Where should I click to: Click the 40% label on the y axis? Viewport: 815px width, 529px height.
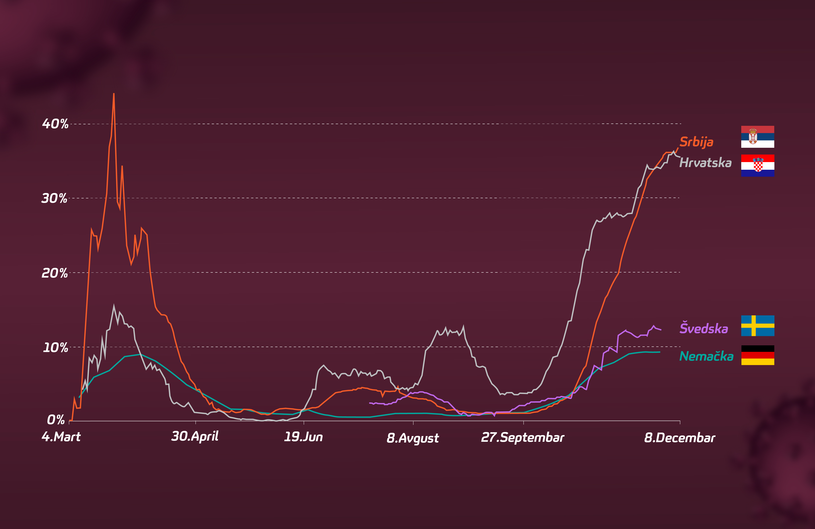click(x=55, y=124)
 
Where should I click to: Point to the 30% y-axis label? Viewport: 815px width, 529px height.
click(x=54, y=198)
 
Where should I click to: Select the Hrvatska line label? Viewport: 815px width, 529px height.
click(x=705, y=162)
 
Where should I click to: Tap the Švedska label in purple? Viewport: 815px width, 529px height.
click(x=704, y=328)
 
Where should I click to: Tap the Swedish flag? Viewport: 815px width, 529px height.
click(x=757, y=326)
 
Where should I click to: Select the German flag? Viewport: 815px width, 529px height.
click(x=757, y=355)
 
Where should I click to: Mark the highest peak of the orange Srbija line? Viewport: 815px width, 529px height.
click(x=114, y=93)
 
